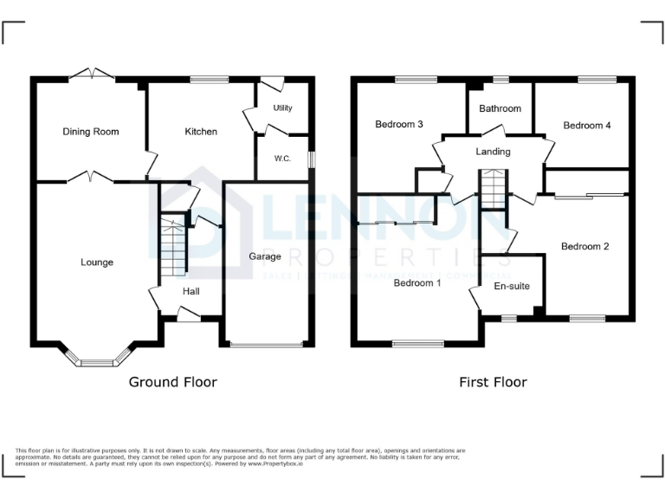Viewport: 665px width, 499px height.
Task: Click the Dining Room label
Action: pyautogui.click(x=91, y=132)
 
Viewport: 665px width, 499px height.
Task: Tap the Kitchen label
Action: pyautogui.click(x=201, y=132)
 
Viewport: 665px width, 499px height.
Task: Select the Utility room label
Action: pyautogui.click(x=282, y=108)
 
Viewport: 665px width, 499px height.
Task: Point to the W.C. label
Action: pyautogui.click(x=282, y=159)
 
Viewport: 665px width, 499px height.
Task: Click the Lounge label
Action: pyautogui.click(x=97, y=262)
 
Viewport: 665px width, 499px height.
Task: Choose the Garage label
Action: pyautogui.click(x=265, y=256)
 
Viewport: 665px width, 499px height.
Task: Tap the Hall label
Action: pyautogui.click(x=190, y=291)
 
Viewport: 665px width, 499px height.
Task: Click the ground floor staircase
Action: pyautogui.click(x=175, y=246)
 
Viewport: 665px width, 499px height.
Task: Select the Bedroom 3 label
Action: pyautogui.click(x=399, y=125)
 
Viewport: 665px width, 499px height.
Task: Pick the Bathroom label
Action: pyautogui.click(x=500, y=108)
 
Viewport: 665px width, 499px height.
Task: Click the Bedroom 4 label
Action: pyautogui.click(x=587, y=126)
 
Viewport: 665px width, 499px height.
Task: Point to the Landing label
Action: pyautogui.click(x=494, y=152)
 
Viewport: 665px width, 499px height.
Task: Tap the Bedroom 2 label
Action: pyautogui.click(x=585, y=247)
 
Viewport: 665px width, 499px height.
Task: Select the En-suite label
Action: pyautogui.click(x=512, y=286)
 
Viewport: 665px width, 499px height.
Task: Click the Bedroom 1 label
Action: pyautogui.click(x=417, y=282)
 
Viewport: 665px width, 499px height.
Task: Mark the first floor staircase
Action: pyautogui.click(x=493, y=190)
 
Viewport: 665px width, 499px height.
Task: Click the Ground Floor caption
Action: pyautogui.click(x=173, y=382)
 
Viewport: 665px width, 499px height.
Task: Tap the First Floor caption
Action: pyautogui.click(x=494, y=382)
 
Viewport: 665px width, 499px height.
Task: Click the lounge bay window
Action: pyautogui.click(x=98, y=360)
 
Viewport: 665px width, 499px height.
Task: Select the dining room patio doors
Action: pyautogui.click(x=91, y=75)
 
